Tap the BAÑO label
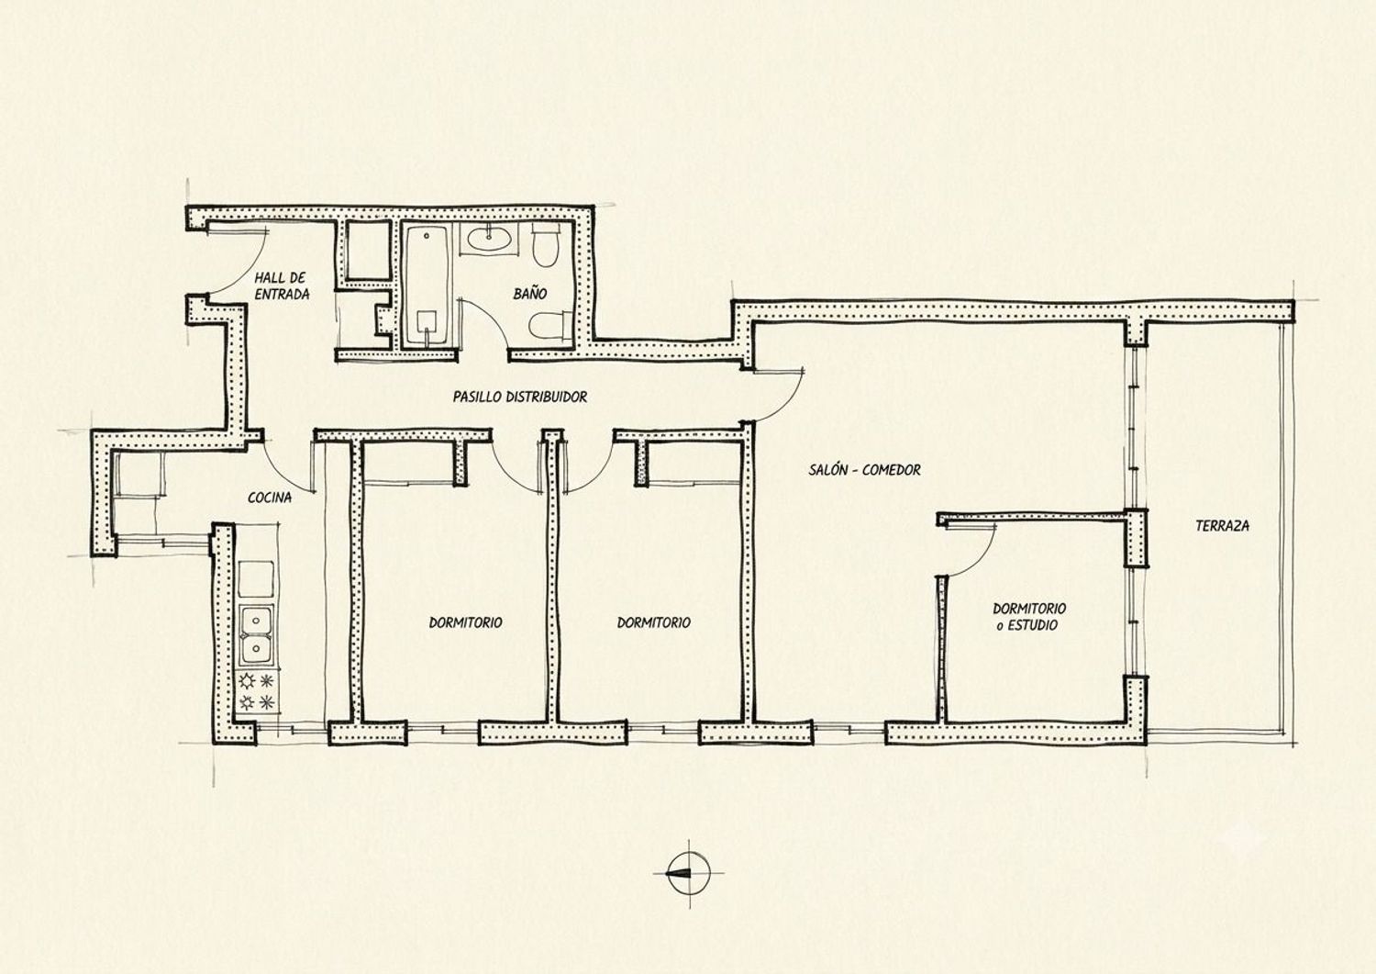click(530, 294)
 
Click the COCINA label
click(270, 498)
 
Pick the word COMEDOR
click(892, 470)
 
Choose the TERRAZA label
click(1223, 526)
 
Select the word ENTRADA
click(282, 295)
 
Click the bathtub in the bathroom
click(427, 286)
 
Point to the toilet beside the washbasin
click(545, 244)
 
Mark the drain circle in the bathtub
click(427, 236)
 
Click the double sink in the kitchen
click(257, 635)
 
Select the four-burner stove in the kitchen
click(257, 691)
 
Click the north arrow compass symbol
click(688, 873)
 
